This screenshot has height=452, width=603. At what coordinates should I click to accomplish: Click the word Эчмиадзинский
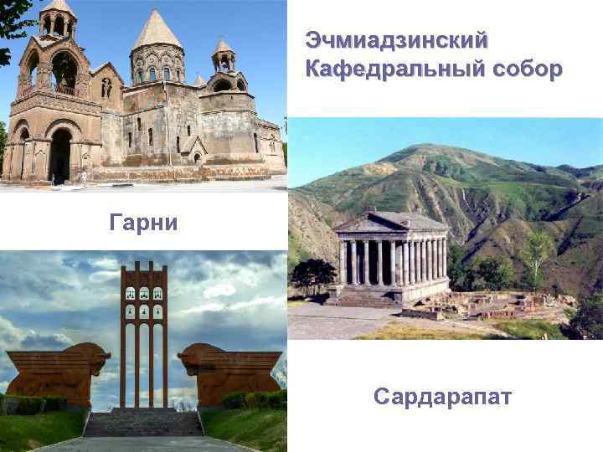pos(397,40)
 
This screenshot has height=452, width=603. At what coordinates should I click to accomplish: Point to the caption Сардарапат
pos(443,395)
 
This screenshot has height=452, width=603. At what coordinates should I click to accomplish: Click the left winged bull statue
pos(59,368)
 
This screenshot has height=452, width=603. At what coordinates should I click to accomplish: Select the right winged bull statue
pos(228,368)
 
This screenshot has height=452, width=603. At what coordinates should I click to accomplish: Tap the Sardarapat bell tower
pos(143,335)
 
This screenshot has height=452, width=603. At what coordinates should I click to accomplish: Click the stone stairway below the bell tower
pos(143,423)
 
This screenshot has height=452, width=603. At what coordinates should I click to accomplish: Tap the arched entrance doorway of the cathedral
pos(61,155)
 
